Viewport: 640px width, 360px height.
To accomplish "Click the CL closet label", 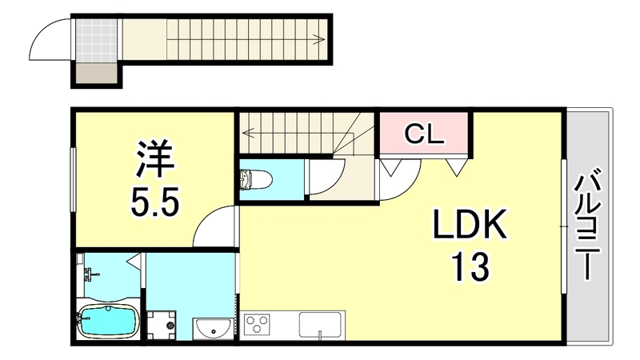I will click(424, 133).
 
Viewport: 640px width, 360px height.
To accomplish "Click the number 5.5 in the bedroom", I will click(155, 201).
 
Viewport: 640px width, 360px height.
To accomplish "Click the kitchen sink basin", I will click(322, 326).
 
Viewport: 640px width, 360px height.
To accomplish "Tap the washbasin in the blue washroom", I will click(213, 327).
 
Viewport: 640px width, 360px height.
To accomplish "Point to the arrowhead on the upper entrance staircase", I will click(320, 38).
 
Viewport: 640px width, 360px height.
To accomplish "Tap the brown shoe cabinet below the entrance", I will click(95, 76).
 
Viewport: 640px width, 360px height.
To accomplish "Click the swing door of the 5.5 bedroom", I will click(214, 226).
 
